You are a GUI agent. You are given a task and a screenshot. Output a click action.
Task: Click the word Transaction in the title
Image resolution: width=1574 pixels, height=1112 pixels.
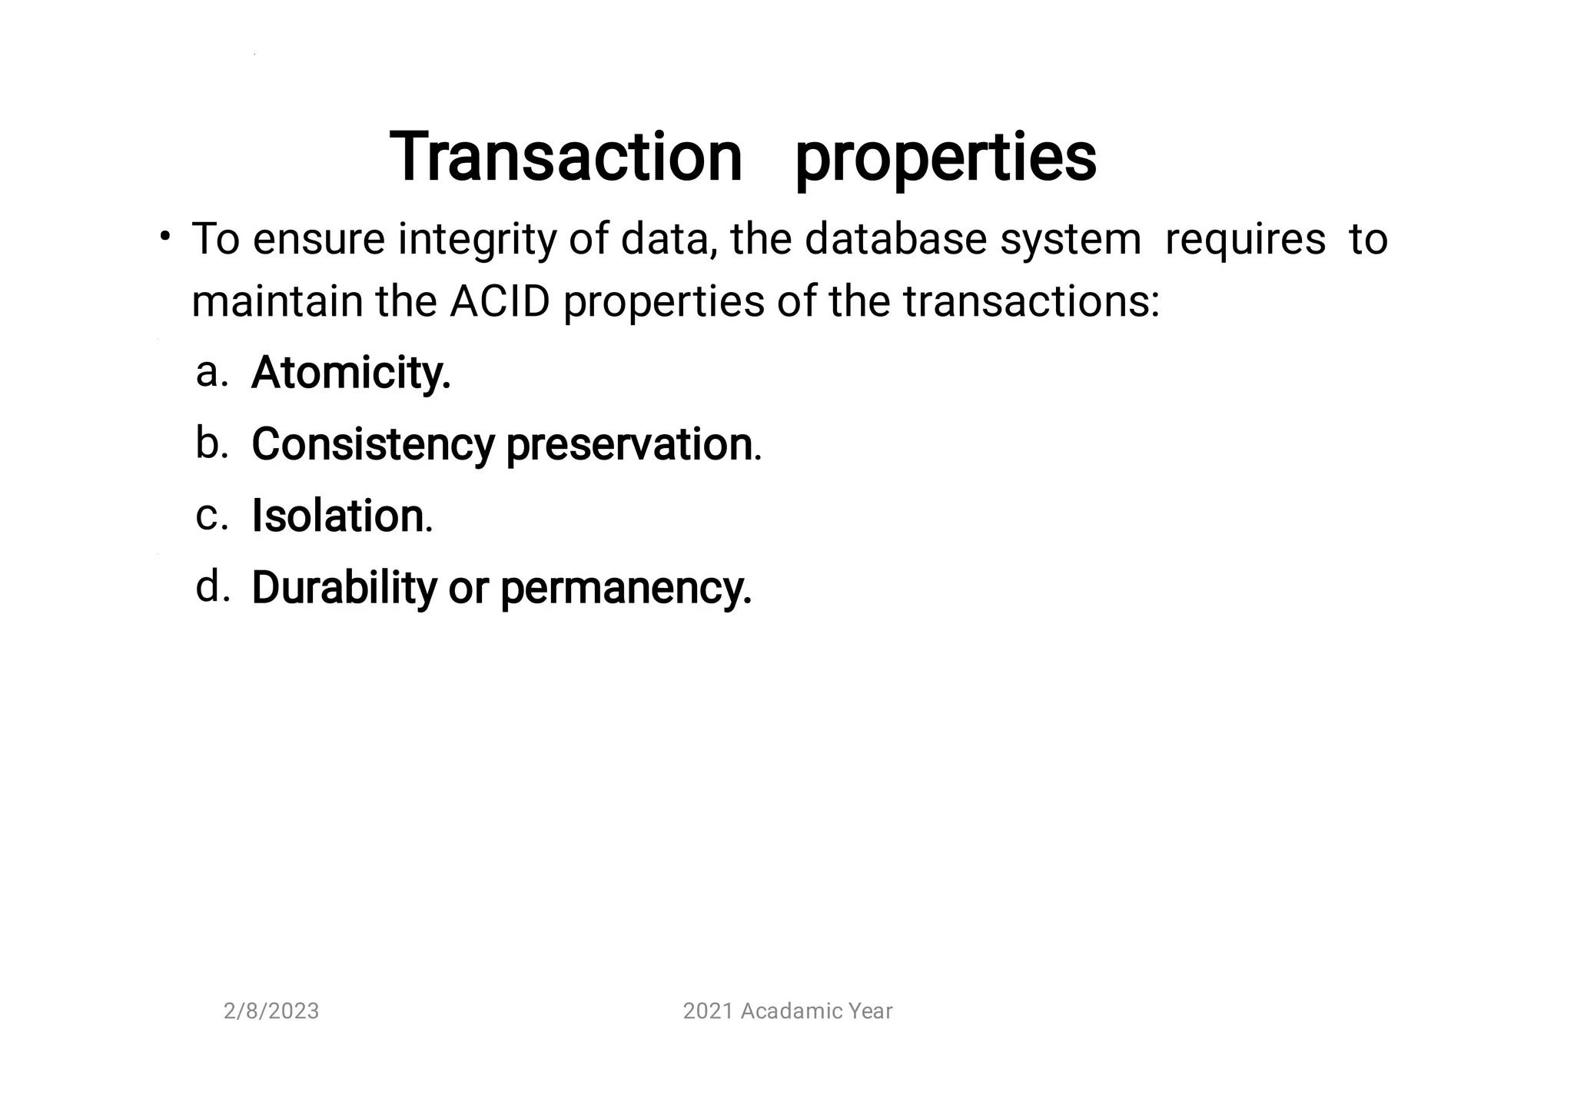[566, 158]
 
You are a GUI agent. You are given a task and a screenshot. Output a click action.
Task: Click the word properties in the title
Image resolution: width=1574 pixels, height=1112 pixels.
[945, 159]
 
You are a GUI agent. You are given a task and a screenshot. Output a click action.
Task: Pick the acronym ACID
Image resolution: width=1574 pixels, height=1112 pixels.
[500, 301]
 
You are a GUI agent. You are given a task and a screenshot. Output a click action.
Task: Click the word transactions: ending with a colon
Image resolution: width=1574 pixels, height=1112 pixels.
[1031, 301]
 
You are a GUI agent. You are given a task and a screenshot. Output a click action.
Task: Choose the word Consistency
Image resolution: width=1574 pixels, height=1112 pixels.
[373, 445]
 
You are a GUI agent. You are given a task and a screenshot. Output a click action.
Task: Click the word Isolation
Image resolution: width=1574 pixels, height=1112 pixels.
[338, 516]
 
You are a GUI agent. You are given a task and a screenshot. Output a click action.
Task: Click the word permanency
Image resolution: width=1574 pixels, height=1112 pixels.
[626, 589]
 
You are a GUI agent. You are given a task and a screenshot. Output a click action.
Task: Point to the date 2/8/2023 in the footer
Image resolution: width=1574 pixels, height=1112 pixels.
[271, 1011]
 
